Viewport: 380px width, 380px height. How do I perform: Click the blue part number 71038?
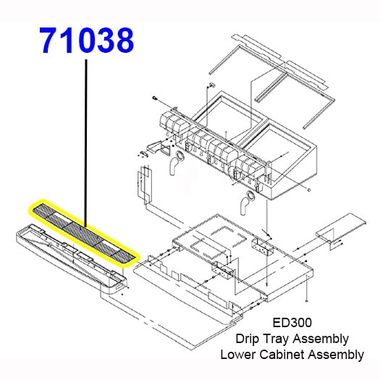(87, 41)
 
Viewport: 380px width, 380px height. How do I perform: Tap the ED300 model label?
(292, 323)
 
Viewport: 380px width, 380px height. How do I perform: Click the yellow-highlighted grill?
(84, 232)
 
